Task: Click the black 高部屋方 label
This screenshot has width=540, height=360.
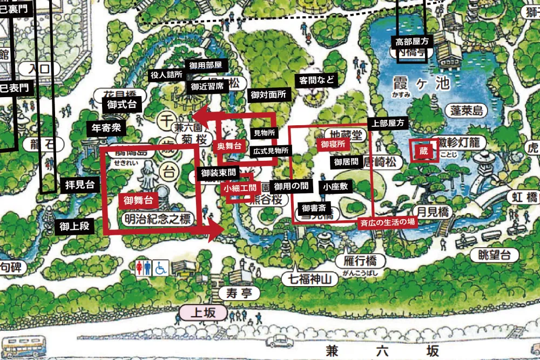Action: pyautogui.click(x=411, y=40)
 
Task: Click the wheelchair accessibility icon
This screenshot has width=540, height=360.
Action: pyautogui.click(x=161, y=268)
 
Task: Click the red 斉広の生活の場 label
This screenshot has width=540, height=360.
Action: pyautogui.click(x=387, y=221)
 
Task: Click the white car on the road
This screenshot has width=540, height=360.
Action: pyautogui.click(x=279, y=340)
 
